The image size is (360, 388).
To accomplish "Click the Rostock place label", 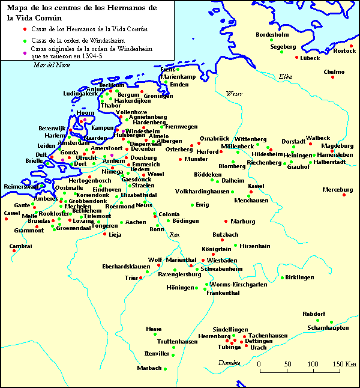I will click(344, 51).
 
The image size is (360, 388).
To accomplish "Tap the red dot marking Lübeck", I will click(296, 57).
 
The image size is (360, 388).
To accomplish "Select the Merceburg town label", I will click(338, 190).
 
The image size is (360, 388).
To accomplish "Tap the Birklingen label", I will click(299, 277).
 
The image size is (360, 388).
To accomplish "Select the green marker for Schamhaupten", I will click(331, 322).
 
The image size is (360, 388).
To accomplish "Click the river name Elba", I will click(285, 76).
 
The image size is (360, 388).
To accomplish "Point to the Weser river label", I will click(233, 94).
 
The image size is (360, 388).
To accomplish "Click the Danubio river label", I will click(229, 363).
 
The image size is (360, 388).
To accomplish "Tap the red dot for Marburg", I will click(226, 222).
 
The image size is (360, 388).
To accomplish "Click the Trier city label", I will click(131, 278).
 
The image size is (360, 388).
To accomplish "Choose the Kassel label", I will click(256, 186).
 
